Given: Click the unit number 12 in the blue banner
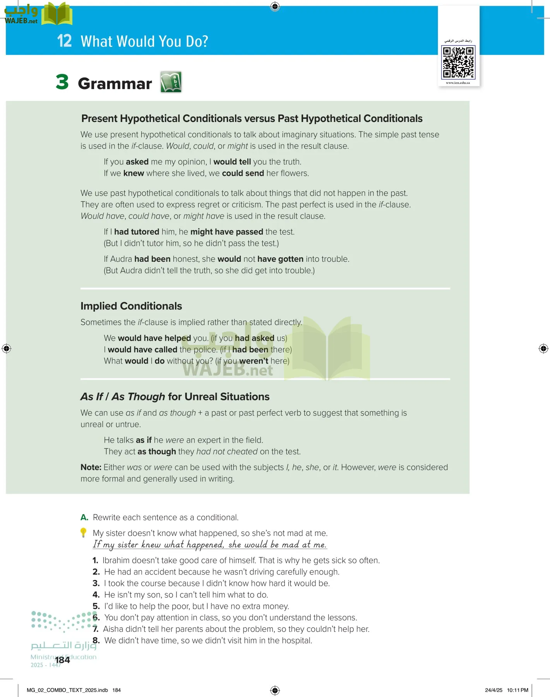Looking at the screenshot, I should pyautogui.click(x=64, y=41).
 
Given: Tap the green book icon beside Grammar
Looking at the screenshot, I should pyautogui.click(x=171, y=82).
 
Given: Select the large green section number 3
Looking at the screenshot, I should pyautogui.click(x=62, y=82).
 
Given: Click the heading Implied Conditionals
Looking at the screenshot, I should pyautogui.click(x=131, y=306).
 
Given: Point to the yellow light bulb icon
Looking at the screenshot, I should pyautogui.click(x=83, y=532).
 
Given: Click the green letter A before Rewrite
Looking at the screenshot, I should pyautogui.click(x=84, y=517).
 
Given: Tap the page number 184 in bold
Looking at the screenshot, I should pyautogui.click(x=62, y=660).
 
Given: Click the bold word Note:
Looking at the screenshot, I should pyautogui.click(x=91, y=467).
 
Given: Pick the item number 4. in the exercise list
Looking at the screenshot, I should pyautogui.click(x=96, y=595).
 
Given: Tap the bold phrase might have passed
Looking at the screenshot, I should pyautogui.click(x=227, y=232).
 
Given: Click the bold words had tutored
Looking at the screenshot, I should pyautogui.click(x=137, y=232).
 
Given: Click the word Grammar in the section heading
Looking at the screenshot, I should pyautogui.click(x=115, y=84).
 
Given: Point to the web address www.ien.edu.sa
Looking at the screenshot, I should pyautogui.click(x=458, y=83).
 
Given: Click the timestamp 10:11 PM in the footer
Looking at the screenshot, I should pyautogui.click(x=517, y=690).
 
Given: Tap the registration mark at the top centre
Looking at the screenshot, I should pyautogui.click(x=275, y=6).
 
